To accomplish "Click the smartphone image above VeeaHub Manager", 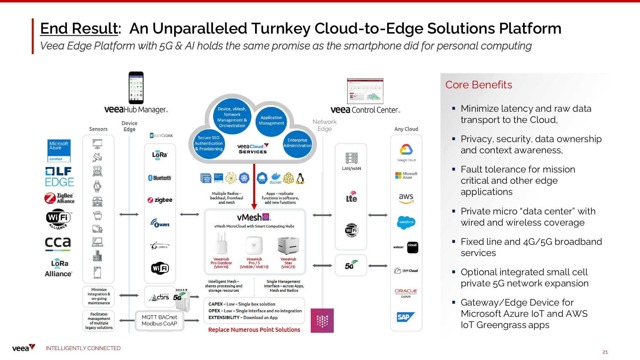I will tap(136, 87).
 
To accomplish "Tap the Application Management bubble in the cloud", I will tap(271, 120).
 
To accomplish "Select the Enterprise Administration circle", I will tap(297, 143).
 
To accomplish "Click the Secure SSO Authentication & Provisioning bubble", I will tap(209, 143).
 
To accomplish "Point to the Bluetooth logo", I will tap(160, 178).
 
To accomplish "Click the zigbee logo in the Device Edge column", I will tap(160, 200).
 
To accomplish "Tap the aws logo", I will tap(406, 198).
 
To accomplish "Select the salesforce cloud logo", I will tap(406, 222).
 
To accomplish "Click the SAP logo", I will tap(405, 317).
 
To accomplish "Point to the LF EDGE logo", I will tap(60, 176).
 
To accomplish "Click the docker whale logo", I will tap(276, 178).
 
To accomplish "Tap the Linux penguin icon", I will tap(300, 178).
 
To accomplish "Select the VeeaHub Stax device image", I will tap(288, 246).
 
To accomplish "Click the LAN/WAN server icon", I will tap(351, 158).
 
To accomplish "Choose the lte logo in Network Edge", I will tap(351, 197).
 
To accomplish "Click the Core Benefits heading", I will tap(478, 85).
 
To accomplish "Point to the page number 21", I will tap(605, 352).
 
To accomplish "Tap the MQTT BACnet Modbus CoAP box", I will tap(159, 320).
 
